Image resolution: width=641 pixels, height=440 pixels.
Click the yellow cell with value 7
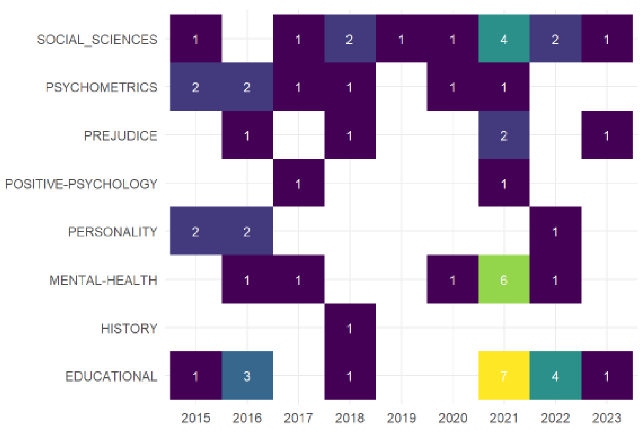click(x=504, y=375)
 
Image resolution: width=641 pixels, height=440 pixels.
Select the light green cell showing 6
click(x=504, y=279)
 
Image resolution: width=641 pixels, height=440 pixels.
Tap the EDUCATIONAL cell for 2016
click(x=247, y=375)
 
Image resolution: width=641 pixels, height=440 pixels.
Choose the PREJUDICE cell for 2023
click(x=607, y=135)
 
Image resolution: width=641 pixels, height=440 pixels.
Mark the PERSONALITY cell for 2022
click(x=555, y=231)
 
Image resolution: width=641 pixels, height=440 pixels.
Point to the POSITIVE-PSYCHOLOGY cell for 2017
click(x=298, y=183)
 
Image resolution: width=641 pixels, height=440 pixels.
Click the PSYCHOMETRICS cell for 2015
click(x=195, y=87)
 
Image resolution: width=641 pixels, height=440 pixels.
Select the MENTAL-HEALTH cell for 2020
click(x=453, y=279)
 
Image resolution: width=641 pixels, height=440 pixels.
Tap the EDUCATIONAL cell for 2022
click(x=555, y=375)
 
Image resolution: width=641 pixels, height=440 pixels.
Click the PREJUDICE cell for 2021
click(x=504, y=135)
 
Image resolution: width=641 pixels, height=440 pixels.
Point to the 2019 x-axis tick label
click(x=401, y=418)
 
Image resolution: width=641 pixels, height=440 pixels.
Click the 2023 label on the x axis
click(x=607, y=418)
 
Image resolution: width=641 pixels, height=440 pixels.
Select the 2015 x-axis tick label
click(x=195, y=418)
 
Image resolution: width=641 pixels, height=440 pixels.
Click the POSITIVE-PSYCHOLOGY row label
click(x=81, y=184)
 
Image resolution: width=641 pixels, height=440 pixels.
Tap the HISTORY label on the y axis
click(x=129, y=328)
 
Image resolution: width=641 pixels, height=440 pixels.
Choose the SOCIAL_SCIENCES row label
click(x=97, y=40)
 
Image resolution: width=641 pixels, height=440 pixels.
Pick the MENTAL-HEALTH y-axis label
click(x=103, y=280)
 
